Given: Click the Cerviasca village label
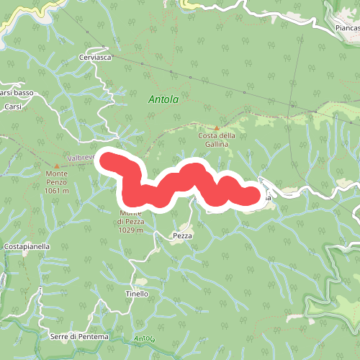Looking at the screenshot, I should [96, 58].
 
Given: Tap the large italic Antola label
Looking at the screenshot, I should [163, 100].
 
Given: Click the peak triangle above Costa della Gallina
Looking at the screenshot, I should [216, 128].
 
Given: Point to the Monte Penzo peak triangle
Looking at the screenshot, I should [57, 166].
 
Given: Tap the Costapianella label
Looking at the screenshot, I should [27, 246].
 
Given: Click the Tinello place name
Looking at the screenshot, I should [137, 294].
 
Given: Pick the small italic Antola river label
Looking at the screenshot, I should [144, 339].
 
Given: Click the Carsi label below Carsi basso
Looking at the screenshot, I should [13, 107].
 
